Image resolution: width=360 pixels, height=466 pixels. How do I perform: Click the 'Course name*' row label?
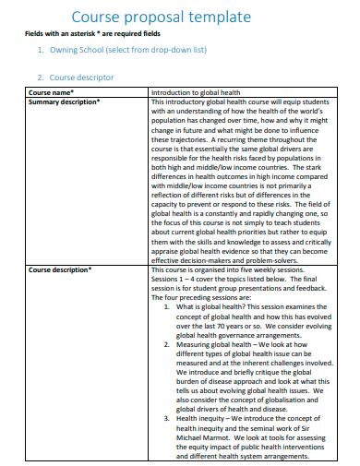click(x=52, y=93)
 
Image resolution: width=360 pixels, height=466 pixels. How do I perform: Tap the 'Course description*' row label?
click(x=60, y=270)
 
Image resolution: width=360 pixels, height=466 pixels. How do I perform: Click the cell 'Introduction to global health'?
click(x=198, y=93)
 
